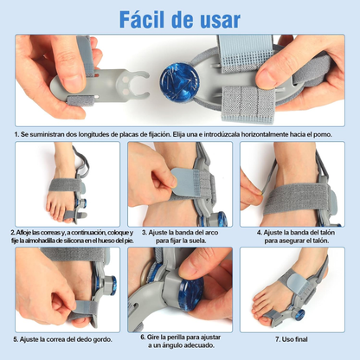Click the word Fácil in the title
pos(143,19)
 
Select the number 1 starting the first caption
pos(16,134)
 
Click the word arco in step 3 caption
pos(212,233)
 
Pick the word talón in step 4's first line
pos(327,232)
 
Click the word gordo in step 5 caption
pos(102,340)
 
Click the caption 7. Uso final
pos(292,339)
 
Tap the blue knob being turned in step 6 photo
pos(190,294)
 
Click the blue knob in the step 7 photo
pos(300,315)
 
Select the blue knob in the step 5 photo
pos(112,286)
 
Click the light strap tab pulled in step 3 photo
pos(184,182)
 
